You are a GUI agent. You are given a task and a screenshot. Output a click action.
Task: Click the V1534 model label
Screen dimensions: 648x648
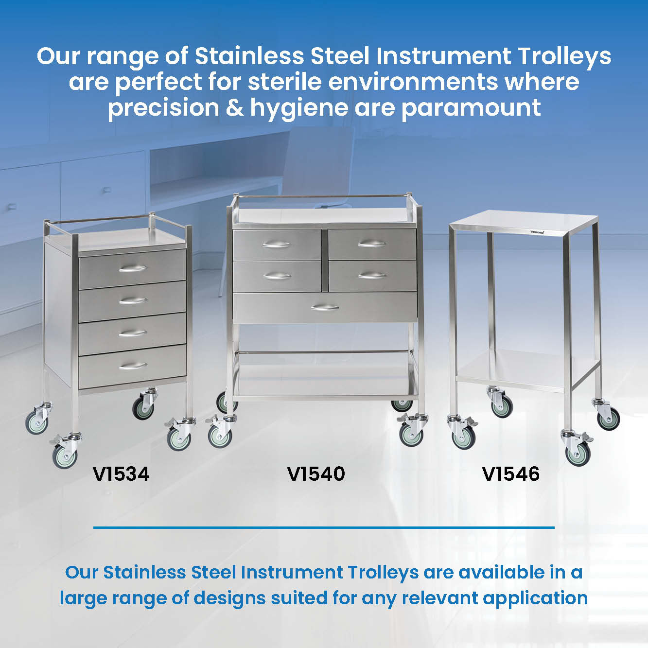pos(121,474)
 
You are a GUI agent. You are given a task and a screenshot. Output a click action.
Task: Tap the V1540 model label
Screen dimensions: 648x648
pos(316,474)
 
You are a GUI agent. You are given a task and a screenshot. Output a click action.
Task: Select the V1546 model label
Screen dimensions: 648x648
pos(511,474)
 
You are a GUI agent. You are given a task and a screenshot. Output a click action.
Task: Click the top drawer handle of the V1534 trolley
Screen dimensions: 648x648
pos(133,268)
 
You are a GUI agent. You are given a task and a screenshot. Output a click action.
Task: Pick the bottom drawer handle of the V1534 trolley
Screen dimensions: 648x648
pos(133,366)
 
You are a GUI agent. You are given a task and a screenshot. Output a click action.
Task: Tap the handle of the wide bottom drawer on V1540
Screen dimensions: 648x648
pos(325,307)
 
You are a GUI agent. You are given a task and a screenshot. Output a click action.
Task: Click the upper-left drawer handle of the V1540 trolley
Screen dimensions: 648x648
pos(277,245)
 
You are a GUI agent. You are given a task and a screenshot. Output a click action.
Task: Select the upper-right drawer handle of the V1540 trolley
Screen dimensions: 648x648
pos(371,244)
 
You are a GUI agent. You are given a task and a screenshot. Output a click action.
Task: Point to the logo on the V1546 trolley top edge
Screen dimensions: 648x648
pos(537,231)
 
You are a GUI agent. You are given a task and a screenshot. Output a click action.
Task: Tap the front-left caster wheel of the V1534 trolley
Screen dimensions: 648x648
pos(65,456)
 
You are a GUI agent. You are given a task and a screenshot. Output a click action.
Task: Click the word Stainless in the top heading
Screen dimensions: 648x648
pos(249,56)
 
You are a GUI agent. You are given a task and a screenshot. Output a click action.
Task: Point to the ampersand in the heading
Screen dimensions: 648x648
pos(235,108)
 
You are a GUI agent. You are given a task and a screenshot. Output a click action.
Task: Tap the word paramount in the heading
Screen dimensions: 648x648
pos(471,108)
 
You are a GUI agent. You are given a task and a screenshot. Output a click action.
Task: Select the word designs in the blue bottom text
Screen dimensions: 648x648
pos(229,599)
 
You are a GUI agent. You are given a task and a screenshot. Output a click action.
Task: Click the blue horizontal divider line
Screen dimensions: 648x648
pos(324,527)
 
